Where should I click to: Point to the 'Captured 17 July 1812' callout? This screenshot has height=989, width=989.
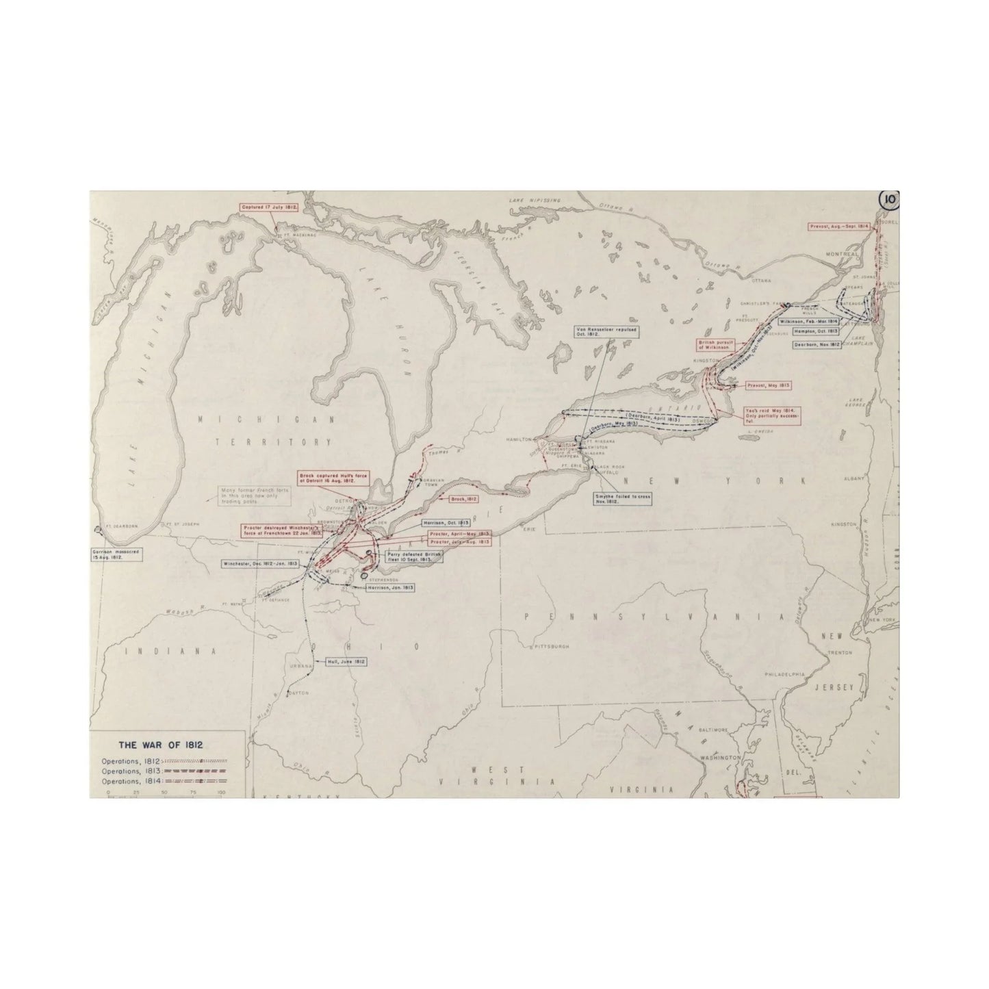click(269, 207)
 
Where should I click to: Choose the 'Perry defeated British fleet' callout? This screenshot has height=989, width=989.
click(414, 556)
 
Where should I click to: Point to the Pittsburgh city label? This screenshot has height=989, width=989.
click(551, 645)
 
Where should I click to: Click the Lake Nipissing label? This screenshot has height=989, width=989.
click(535, 200)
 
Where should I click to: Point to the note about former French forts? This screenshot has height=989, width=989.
click(253, 496)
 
